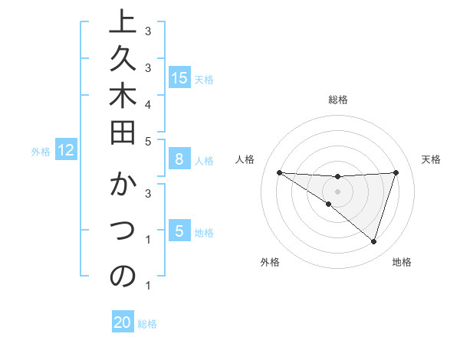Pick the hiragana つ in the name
coord(123,231)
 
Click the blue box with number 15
coord(179,77)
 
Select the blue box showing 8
coord(179,159)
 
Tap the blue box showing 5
coord(179,231)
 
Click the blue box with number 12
coord(66,150)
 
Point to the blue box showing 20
coord(123,322)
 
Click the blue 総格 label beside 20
coord(148,324)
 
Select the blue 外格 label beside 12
coord(41,152)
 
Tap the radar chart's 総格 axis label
coord(338,100)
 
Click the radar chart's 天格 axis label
coord(432,159)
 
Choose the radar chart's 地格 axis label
coord(402,262)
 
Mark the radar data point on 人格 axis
coord(279,172)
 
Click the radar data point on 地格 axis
coord(373,241)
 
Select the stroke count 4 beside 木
coord(147,103)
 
